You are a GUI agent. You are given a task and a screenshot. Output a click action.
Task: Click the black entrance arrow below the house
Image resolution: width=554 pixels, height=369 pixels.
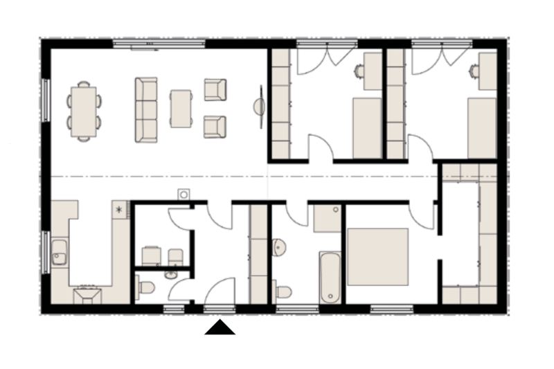coord(220,327)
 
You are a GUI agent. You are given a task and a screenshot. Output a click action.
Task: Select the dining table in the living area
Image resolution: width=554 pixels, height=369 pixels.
coord(84,111)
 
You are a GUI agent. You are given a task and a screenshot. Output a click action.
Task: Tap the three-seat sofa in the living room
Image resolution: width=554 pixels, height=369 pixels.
coord(146,110)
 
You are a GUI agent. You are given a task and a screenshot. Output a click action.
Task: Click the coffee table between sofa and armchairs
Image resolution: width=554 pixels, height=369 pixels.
coord(181,109)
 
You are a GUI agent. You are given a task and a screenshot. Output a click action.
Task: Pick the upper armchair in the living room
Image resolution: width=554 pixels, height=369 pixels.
coord(215,89)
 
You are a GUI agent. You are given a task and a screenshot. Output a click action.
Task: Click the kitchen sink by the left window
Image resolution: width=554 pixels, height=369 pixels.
coord(59,252)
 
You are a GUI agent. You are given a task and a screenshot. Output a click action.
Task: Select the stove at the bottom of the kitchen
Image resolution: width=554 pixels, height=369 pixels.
coord(89,295)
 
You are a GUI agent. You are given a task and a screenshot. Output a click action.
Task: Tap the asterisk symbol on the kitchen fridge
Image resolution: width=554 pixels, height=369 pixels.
coord(119,208)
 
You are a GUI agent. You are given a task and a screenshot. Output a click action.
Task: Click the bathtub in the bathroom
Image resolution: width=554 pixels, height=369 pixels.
coord(330,277)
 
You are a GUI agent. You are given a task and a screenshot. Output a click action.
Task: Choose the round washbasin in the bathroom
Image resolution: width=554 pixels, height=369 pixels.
coord(279,246)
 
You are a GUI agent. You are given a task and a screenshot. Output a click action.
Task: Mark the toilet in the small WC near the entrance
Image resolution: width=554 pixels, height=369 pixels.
coord(145,288)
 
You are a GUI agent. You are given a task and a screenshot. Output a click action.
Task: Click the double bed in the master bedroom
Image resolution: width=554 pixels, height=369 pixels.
coord(377,256)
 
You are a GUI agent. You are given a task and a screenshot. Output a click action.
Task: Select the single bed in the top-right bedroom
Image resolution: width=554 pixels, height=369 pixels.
coord(481,128)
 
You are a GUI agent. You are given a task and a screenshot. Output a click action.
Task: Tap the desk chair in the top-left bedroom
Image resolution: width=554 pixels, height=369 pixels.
coord(359,70)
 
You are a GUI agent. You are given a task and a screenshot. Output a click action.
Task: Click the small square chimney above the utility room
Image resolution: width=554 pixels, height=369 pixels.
coord(184,195)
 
